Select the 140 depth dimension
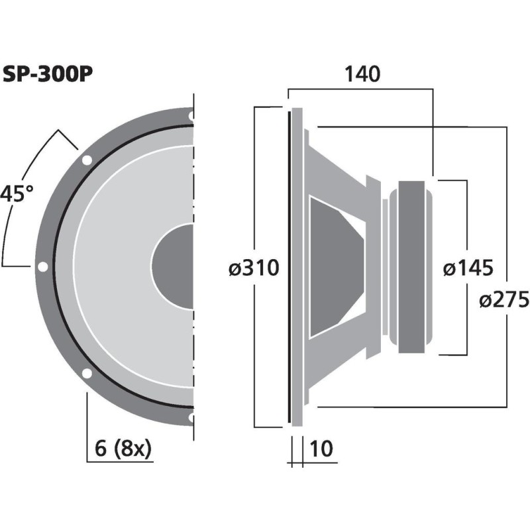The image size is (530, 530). (361, 74)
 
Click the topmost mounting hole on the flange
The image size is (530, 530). (191, 116)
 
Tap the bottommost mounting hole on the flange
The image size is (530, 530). (191, 417)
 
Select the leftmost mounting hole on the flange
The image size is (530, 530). (42, 267)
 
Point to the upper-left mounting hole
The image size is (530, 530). (86, 160)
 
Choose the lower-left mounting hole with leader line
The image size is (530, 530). (86, 373)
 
